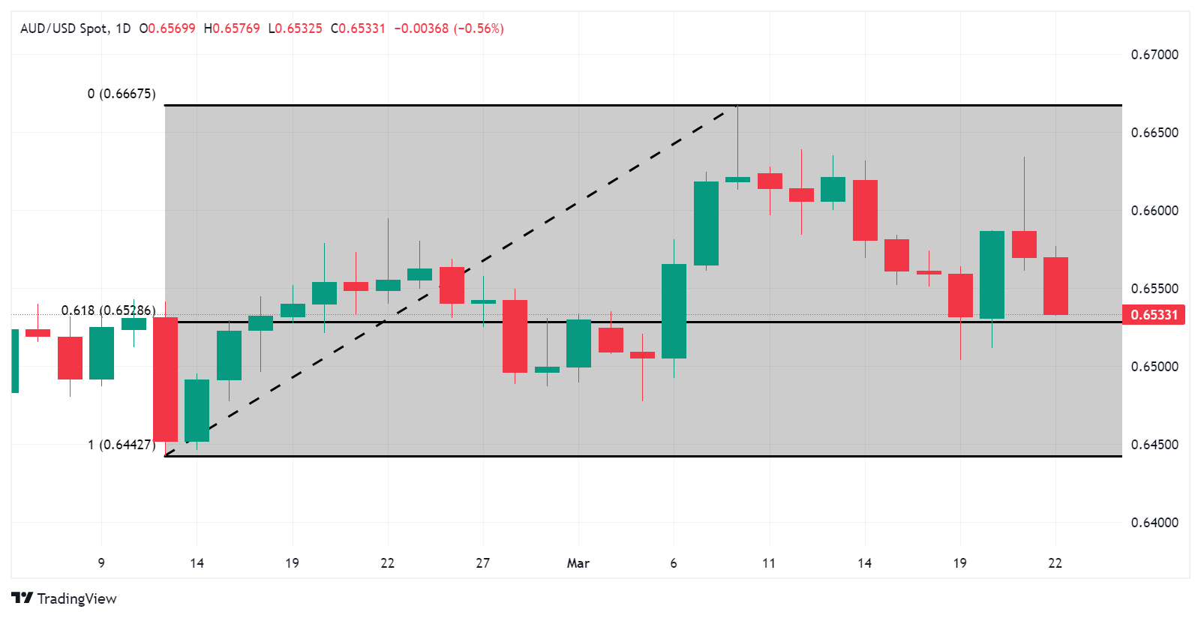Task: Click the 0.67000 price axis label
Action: coord(1154,55)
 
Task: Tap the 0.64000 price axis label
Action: coord(1154,523)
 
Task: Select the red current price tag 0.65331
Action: coord(1154,315)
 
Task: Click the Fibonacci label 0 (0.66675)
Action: coord(122,94)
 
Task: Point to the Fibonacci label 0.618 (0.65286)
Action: coord(109,310)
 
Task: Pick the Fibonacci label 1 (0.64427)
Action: coord(122,445)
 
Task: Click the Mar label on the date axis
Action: coord(578,563)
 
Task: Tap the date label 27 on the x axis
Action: coord(482,563)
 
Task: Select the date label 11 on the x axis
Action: coord(768,563)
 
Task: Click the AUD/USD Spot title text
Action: coord(64,28)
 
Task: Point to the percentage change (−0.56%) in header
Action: coord(479,28)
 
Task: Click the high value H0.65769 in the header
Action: coord(232,28)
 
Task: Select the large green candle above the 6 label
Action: coord(674,311)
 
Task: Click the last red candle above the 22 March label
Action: coord(1055,286)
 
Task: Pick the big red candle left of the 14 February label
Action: coord(165,379)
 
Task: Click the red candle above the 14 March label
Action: coord(865,210)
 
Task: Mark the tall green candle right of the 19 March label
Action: coord(992,274)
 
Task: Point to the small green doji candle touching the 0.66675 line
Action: coord(737,179)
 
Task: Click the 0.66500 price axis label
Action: coord(1154,133)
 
